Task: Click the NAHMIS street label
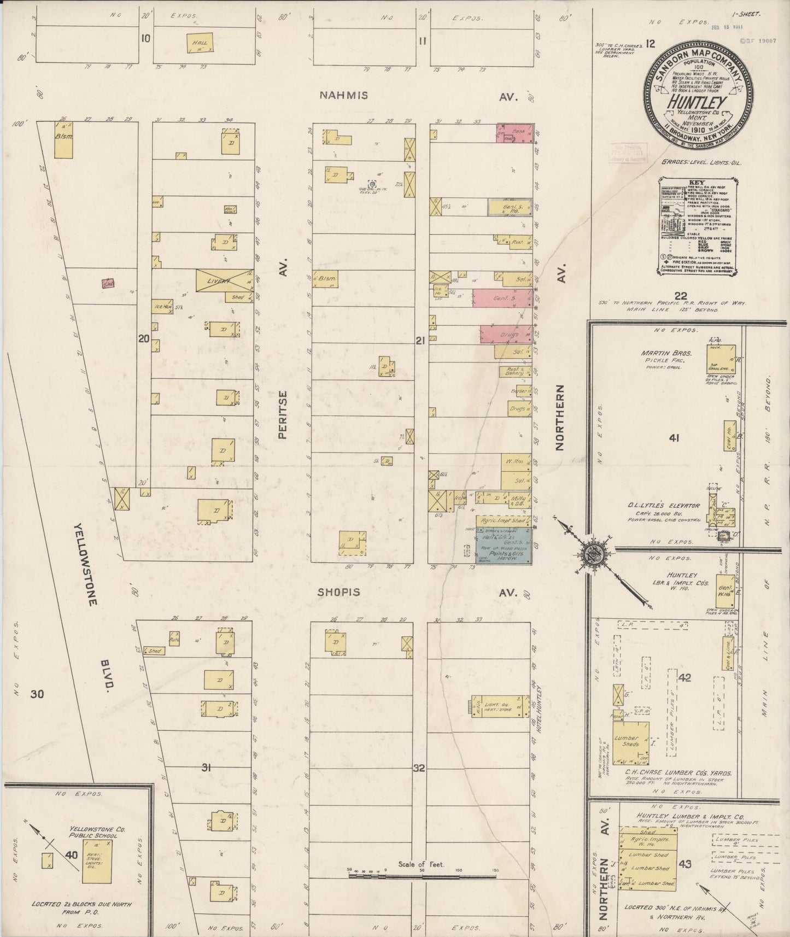[344, 95]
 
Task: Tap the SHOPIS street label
[340, 592]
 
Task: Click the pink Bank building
[514, 133]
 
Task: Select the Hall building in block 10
[199, 43]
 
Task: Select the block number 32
[419, 768]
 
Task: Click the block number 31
[206, 768]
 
